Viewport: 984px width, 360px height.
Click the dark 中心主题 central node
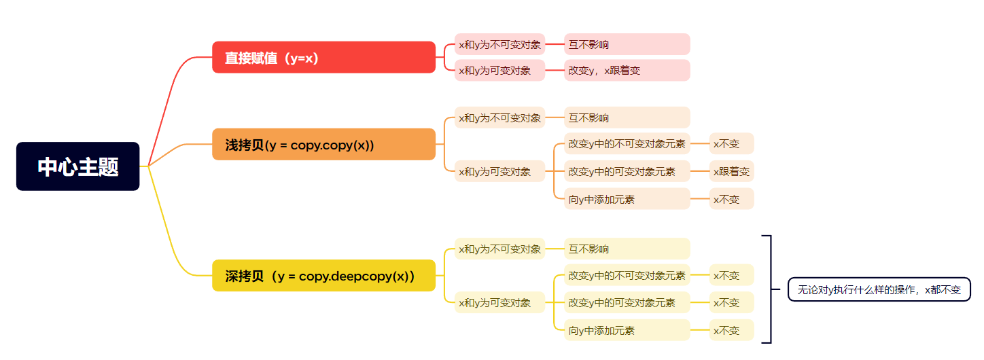(x=77, y=166)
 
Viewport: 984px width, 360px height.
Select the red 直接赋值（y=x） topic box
(x=323, y=57)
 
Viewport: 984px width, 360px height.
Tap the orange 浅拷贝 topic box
(x=323, y=144)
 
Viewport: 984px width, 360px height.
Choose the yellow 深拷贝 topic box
(x=323, y=275)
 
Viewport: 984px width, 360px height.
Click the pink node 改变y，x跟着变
(x=627, y=70)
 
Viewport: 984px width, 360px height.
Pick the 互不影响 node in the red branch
(x=627, y=44)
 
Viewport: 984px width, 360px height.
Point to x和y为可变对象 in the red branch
(x=499, y=70)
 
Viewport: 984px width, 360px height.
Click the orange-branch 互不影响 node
(x=627, y=118)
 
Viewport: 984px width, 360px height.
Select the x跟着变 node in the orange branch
(x=731, y=171)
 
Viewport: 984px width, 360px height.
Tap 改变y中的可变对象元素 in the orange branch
(x=627, y=171)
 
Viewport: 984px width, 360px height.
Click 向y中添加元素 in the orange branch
(x=627, y=199)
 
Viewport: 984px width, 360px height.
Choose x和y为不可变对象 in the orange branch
(x=499, y=118)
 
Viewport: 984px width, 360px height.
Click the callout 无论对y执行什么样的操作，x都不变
(x=879, y=289)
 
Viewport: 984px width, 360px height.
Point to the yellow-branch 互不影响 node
(x=627, y=249)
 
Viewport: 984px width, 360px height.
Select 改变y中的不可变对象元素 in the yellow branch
(x=627, y=275)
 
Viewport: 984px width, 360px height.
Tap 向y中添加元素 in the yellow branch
(x=627, y=330)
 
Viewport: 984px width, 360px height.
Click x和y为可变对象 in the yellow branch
(x=499, y=302)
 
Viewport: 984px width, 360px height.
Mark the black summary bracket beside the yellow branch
(x=770, y=289)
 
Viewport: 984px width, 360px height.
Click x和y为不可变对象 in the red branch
(x=499, y=44)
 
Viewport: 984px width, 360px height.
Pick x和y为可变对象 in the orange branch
(x=499, y=171)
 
